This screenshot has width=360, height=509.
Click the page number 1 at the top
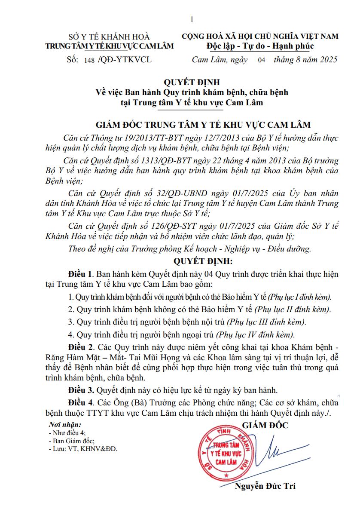(x=192, y=19)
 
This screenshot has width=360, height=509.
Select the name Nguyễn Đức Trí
(x=265, y=487)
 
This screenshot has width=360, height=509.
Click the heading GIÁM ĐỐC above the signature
(x=265, y=426)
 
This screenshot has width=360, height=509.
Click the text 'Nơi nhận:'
(x=65, y=425)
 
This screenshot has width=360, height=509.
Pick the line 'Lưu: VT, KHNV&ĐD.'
(x=83, y=448)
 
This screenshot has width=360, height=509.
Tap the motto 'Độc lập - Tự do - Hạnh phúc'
(x=260, y=46)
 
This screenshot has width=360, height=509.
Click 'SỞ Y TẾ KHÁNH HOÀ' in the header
(x=107, y=37)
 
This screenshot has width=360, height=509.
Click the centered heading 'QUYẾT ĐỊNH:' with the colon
(x=203, y=261)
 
